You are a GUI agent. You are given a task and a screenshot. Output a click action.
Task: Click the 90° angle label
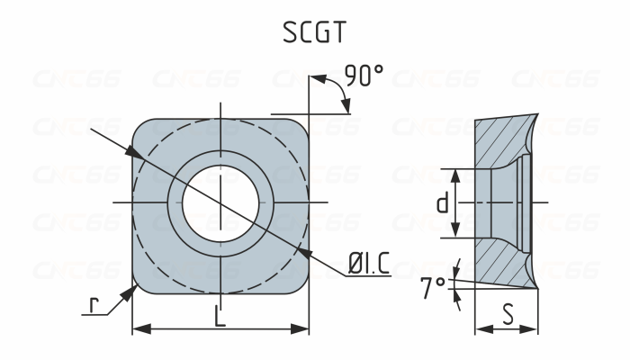363,76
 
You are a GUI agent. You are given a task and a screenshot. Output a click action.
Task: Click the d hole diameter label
442,203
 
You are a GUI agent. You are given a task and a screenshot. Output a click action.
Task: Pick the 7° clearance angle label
434,286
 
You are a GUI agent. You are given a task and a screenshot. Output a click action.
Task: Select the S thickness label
508,316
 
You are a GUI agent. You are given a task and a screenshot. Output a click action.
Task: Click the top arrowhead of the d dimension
458,173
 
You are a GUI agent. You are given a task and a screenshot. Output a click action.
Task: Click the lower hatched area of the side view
504,265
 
